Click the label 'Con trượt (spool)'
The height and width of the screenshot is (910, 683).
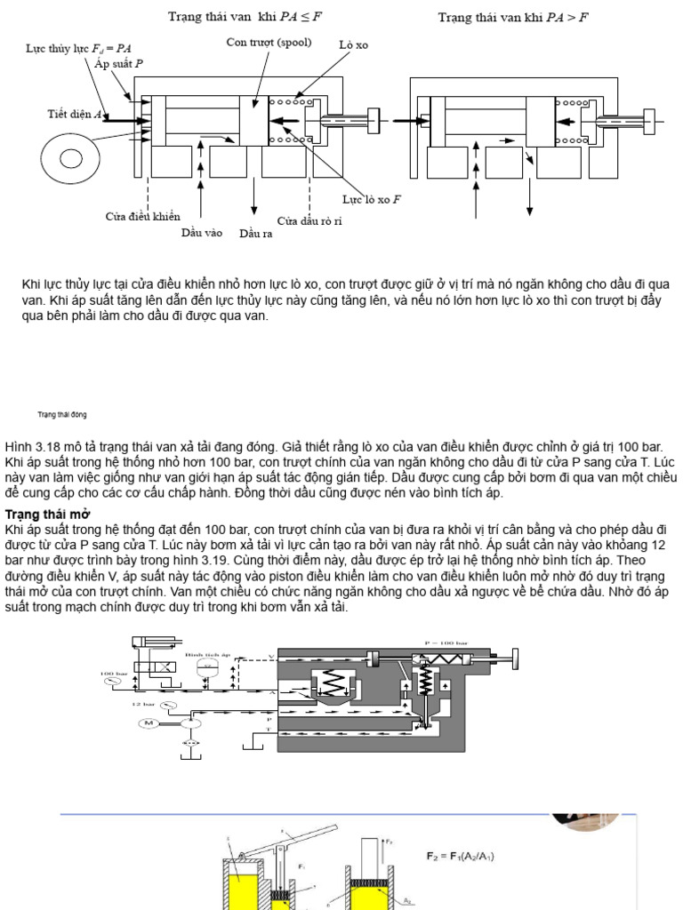point(264,42)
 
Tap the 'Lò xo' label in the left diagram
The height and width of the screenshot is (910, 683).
point(352,44)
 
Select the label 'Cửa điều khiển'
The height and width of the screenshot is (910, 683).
point(143,216)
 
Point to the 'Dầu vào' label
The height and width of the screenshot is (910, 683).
point(202,233)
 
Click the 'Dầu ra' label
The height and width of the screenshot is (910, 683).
point(255,234)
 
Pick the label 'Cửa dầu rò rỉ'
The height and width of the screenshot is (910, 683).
point(309,220)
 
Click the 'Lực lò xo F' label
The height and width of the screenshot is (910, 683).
point(372,200)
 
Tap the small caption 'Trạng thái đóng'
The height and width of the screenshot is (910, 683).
point(61,415)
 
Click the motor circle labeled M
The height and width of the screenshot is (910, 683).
point(147,723)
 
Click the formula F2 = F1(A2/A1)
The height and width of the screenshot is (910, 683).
point(461,856)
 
